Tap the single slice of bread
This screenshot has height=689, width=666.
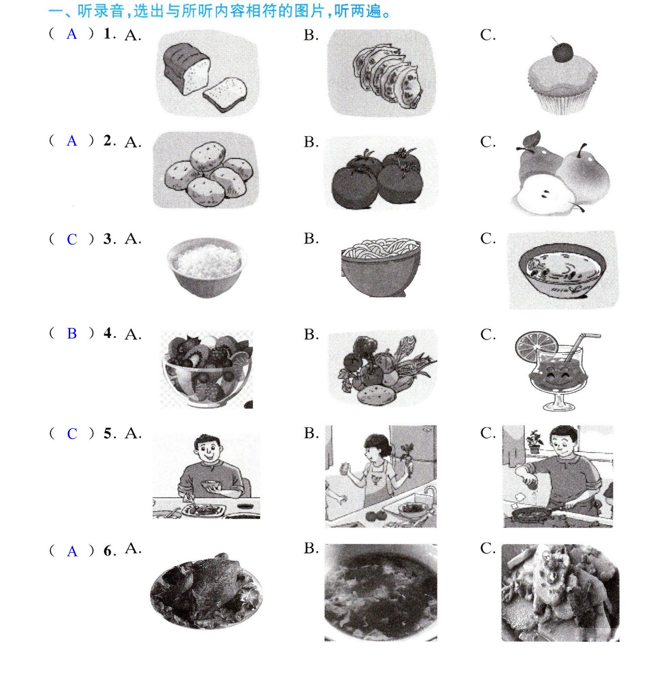[x=225, y=94]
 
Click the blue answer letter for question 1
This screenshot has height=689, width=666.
[x=72, y=34]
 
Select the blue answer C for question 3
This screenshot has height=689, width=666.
[x=72, y=240]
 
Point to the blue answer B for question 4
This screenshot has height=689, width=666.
[x=72, y=334]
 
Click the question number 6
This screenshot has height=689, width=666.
[x=108, y=551]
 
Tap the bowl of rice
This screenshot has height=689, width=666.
[x=206, y=267]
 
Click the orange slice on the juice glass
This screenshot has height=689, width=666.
[x=536, y=347]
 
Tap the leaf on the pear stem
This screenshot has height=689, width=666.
[x=531, y=140]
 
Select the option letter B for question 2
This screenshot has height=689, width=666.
[x=311, y=142]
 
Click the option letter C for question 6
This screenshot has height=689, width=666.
[x=488, y=548]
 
